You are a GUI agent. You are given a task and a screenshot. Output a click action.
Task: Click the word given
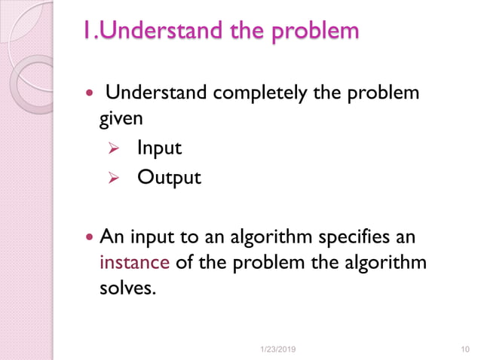click(121, 118)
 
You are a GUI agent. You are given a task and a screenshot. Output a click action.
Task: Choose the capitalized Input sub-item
click(159, 148)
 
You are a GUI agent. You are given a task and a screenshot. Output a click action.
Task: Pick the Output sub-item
click(169, 178)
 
